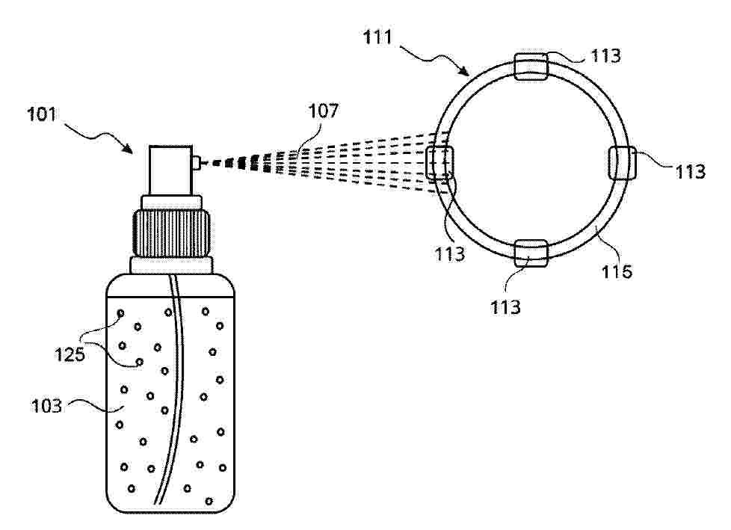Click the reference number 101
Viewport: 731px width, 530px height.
point(42,114)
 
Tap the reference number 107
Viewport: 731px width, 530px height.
point(324,111)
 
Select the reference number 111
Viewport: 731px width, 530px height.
point(377,37)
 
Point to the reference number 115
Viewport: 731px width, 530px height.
point(617,271)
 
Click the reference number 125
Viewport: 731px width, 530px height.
point(70,355)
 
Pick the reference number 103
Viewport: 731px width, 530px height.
point(46,406)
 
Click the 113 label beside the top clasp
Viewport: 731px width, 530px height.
point(605,56)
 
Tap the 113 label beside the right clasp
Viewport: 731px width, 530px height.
point(691,171)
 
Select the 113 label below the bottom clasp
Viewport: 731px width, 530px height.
point(505,307)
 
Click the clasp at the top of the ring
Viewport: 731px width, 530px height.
point(531,67)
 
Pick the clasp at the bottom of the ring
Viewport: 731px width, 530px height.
point(531,253)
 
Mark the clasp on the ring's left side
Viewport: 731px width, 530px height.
point(439,163)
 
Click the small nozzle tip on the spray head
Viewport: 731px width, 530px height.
point(197,163)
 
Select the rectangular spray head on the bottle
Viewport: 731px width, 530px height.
point(170,170)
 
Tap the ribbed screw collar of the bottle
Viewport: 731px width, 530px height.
point(171,233)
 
